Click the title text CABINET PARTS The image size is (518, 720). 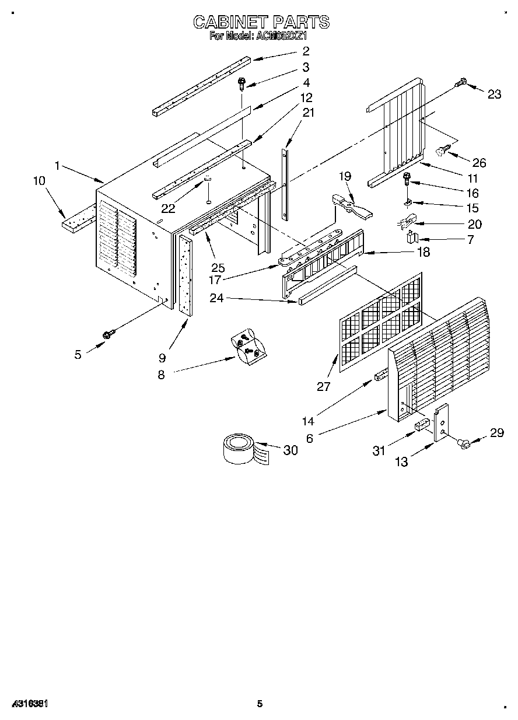pos(261,22)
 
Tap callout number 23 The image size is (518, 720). pos(494,95)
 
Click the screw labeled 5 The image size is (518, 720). pos(107,334)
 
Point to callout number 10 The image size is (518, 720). pos(39,181)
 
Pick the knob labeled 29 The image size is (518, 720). pos(466,445)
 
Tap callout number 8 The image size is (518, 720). pos(161,375)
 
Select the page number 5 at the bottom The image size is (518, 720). pos(260,704)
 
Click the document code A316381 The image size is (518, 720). pos(29,704)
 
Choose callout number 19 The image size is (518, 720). pos(346,176)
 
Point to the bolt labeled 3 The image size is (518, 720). pos(242,84)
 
